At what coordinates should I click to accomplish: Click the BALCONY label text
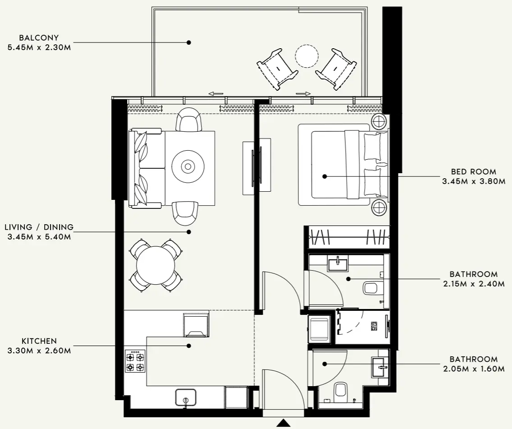pyautogui.click(x=39, y=38)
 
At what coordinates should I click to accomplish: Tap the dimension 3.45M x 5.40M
pyautogui.click(x=39, y=236)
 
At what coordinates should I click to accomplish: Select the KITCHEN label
pyautogui.click(x=39, y=341)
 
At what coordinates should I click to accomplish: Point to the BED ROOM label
pyautogui.click(x=473, y=171)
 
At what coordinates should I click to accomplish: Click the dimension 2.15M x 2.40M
pyautogui.click(x=473, y=284)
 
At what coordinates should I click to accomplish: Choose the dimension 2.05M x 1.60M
pyautogui.click(x=473, y=369)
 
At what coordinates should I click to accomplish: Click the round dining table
pyautogui.click(x=155, y=265)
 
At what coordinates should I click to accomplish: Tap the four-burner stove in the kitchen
pyautogui.click(x=135, y=361)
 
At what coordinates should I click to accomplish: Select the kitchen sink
pyautogui.click(x=186, y=397)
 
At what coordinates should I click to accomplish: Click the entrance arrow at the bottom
pyautogui.click(x=283, y=423)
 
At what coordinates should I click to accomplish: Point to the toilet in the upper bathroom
pyautogui.click(x=372, y=287)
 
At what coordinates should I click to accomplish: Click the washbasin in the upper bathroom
pyautogui.click(x=338, y=263)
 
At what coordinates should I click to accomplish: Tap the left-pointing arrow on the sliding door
pyautogui.click(x=216, y=94)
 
